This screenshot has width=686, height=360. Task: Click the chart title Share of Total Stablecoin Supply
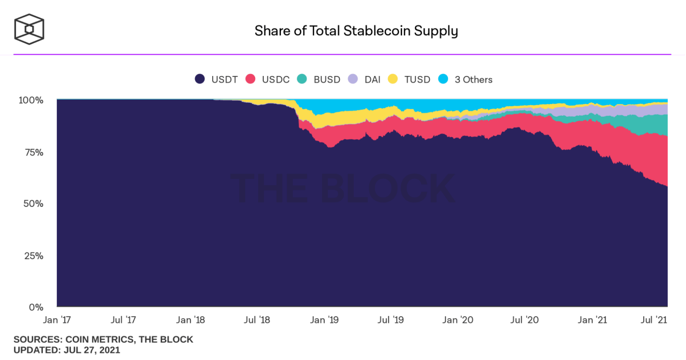tap(356, 31)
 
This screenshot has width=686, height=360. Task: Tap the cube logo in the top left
tap(29, 29)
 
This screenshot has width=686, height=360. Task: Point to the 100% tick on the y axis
tap(31, 100)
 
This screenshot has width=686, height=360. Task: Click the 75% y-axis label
tap(33, 152)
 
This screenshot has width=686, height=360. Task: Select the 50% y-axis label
tap(33, 204)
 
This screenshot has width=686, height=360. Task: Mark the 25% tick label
tap(33, 256)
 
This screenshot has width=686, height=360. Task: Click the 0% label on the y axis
tap(35, 307)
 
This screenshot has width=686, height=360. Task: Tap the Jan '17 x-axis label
tap(57, 320)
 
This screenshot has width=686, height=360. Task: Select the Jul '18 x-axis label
tap(257, 320)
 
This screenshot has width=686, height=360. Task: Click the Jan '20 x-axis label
tap(458, 320)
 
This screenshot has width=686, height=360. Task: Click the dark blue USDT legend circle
tap(200, 79)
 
